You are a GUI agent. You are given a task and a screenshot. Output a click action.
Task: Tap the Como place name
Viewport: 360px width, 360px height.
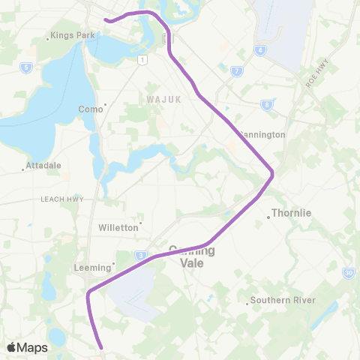(91, 109)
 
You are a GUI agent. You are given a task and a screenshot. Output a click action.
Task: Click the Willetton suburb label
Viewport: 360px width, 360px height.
(118, 226)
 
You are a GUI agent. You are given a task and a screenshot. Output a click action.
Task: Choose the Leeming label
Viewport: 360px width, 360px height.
(94, 267)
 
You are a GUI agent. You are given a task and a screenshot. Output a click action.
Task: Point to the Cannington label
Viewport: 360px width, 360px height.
(262, 135)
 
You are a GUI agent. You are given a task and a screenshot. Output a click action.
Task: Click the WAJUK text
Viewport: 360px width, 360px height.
(160, 97)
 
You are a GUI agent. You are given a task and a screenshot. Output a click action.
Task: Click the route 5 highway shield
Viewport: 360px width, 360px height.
(26, 67)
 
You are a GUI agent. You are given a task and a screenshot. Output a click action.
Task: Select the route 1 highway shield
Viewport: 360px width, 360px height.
(141, 58)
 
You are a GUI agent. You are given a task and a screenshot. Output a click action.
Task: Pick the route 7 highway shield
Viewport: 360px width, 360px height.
(237, 71)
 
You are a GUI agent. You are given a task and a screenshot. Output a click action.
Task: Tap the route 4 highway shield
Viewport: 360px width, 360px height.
(260, 50)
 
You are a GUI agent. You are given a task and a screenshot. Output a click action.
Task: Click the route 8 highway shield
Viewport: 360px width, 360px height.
(267, 105)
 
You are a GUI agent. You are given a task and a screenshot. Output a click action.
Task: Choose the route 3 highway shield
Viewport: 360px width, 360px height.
(141, 256)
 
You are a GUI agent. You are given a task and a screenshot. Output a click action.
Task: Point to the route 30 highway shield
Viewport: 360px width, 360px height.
(349, 274)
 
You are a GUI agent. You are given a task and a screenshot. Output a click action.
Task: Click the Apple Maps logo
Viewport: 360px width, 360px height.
(28, 347)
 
